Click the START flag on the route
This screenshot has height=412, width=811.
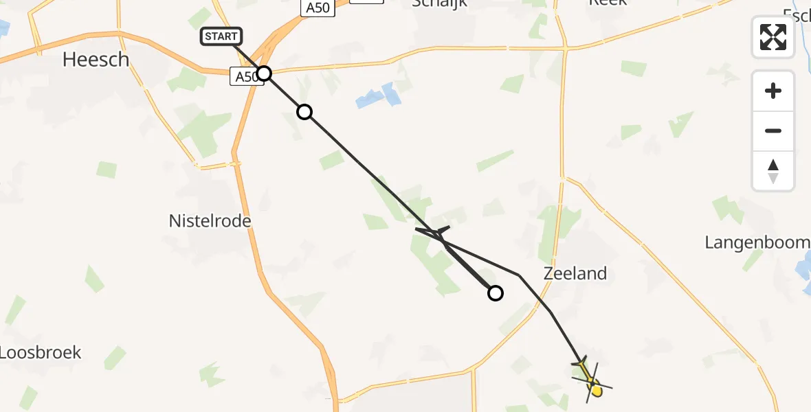click(221, 36)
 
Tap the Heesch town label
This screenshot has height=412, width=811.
click(96, 60)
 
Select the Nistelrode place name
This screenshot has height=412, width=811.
click(210, 221)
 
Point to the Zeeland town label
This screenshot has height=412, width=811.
click(575, 273)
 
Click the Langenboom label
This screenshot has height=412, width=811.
click(757, 242)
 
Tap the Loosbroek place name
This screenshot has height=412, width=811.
click(40, 352)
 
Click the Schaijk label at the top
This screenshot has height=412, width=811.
click(439, 3)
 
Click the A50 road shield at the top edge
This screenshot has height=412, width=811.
click(318, 8)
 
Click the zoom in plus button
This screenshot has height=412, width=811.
click(773, 91)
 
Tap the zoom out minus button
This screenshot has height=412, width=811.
click(773, 130)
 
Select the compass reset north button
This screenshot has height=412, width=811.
click(773, 170)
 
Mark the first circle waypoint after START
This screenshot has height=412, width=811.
click(263, 73)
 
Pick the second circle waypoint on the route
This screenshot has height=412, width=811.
click(304, 112)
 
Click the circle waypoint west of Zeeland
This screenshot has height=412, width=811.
click(495, 293)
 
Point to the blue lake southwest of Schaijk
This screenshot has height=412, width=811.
click(379, 96)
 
